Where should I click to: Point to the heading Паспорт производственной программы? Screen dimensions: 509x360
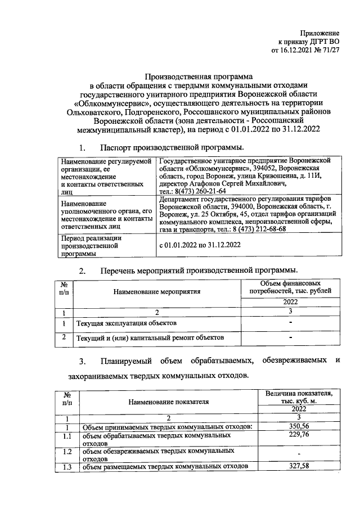(x=172, y=148)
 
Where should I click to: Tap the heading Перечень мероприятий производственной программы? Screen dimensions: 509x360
(x=198, y=272)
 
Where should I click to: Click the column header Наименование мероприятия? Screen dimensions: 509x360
(x=156, y=291)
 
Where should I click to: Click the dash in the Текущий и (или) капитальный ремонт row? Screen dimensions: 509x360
(x=290, y=338)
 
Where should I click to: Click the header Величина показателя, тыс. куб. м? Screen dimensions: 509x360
(x=299, y=397)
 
